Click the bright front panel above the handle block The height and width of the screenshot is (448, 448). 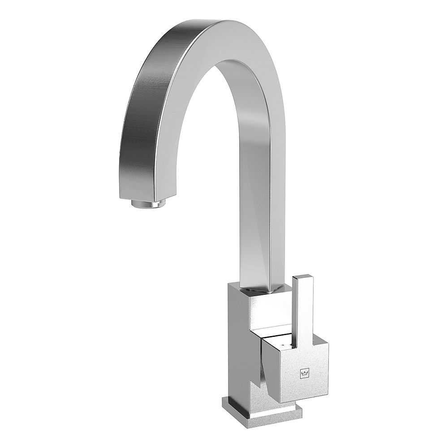[x=269, y=314]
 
